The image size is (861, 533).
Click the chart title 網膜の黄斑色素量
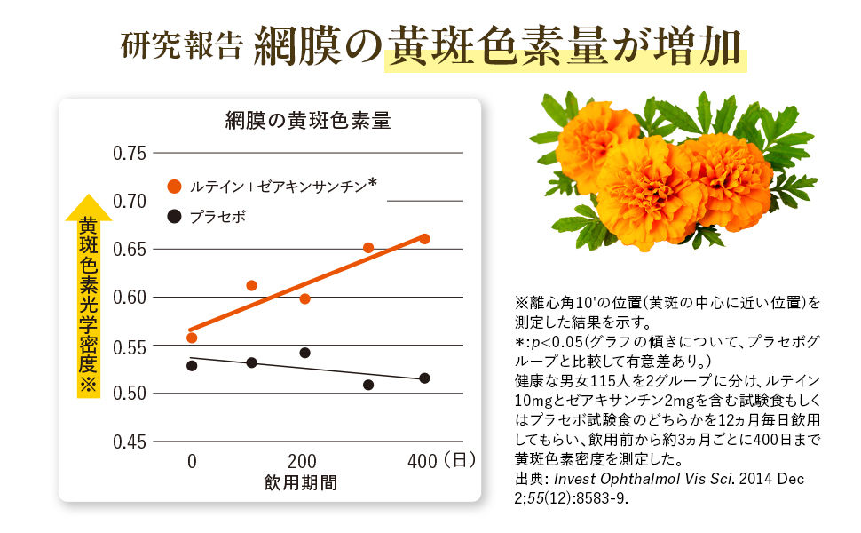(307, 121)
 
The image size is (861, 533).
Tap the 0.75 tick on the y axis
(130, 153)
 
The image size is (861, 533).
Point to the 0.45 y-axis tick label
(130, 442)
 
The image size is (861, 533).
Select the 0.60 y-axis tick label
(130, 297)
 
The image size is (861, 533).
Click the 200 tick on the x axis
(303, 461)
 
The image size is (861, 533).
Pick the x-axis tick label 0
(192, 461)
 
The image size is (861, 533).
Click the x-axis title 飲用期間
(300, 483)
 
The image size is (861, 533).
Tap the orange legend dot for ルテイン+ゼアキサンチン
(174, 187)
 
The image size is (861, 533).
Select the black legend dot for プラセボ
(174, 216)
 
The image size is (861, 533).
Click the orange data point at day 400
(424, 239)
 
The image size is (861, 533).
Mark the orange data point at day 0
(192, 338)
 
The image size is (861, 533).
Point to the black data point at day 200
(304, 353)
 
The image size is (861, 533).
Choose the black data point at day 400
(424, 378)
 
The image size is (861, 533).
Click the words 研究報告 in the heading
(180, 45)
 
